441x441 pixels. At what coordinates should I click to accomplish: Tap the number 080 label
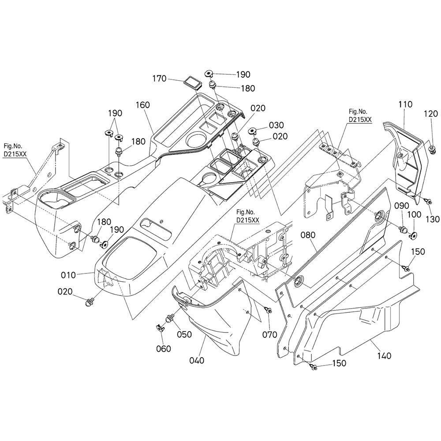click(x=308, y=235)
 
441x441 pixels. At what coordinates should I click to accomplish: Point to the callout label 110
click(x=404, y=105)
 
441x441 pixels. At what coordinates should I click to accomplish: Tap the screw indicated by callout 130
click(x=427, y=201)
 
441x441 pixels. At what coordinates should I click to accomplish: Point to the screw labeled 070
click(x=267, y=310)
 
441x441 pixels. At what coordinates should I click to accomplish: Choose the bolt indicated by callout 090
click(x=403, y=229)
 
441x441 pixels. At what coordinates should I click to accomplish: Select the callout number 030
click(x=277, y=125)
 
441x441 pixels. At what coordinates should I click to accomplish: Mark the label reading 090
click(x=402, y=206)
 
